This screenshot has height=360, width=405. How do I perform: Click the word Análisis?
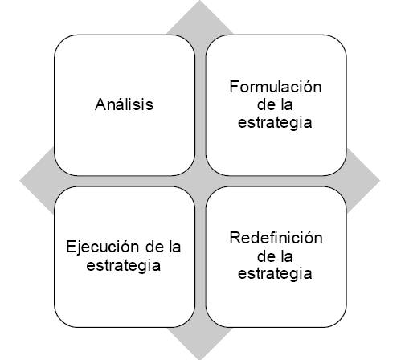[124, 104]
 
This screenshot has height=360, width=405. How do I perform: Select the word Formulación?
[276, 87]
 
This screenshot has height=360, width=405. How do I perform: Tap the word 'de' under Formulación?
[265, 104]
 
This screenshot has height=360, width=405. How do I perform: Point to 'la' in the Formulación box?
[287, 104]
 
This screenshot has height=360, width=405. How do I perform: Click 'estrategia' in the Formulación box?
[275, 123]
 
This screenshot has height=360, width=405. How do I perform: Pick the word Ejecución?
[103, 247]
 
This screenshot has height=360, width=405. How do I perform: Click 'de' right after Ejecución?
[154, 247]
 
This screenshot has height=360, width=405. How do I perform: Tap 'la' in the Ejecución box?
[175, 247]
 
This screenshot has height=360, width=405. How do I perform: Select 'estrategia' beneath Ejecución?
[124, 266]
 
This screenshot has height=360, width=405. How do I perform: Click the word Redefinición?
[276, 238]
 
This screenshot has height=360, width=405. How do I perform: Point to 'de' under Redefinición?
[265, 256]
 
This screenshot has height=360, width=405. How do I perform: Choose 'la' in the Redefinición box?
[287, 256]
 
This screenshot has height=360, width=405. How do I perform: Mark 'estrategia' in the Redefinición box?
[275, 274]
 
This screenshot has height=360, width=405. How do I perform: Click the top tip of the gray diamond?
[200, 1]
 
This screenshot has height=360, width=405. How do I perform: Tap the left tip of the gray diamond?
[20, 180]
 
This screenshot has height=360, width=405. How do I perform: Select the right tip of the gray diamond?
[379, 180]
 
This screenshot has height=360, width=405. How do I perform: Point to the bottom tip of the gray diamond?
[200, 359]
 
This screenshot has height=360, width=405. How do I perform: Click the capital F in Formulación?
[235, 87]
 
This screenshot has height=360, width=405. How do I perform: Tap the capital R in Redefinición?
[235, 238]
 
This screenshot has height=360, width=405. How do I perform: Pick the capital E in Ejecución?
[71, 247]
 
